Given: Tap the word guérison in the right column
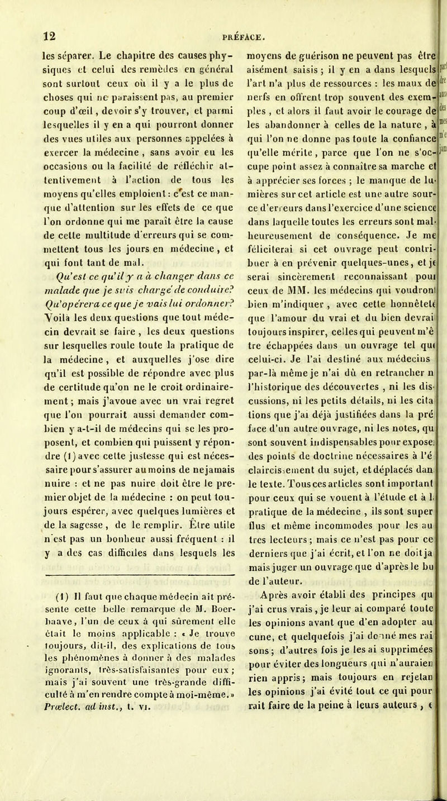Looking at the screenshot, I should coord(302,39).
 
